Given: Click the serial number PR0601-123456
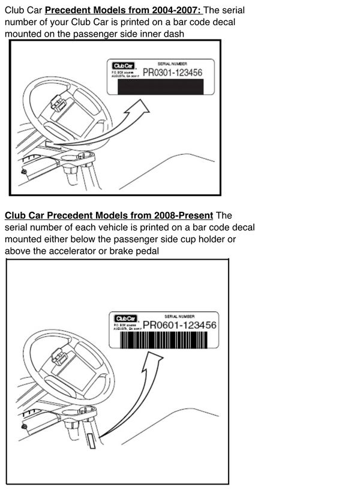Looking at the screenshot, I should pyautogui.click(x=179, y=324).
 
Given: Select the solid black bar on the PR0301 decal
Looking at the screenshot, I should pyautogui.click(x=161, y=88).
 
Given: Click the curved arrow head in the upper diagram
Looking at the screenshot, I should pyautogui.click(x=142, y=106).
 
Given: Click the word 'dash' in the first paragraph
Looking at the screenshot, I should pyautogui.click(x=170, y=34).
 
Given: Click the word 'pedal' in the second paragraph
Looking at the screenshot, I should pyautogui.click(x=146, y=251).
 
